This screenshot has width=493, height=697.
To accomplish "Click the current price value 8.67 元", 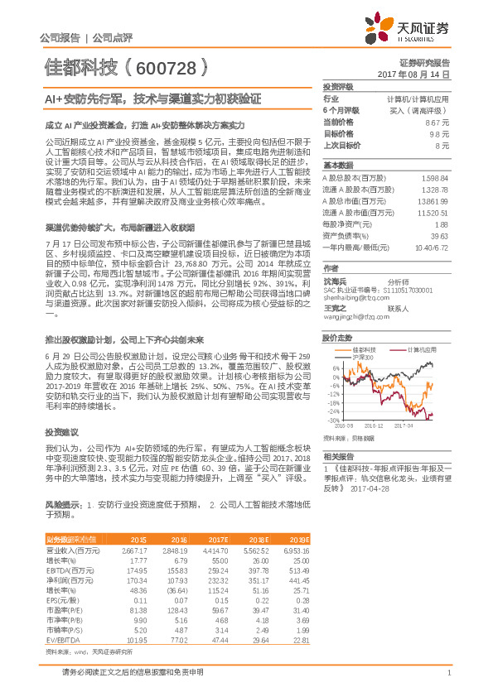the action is point(438,122).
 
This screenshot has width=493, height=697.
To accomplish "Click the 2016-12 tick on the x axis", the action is point(375,426).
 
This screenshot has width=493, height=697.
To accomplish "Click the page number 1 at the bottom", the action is point(448,673).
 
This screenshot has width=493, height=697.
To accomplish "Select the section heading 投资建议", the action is point(61,431).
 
